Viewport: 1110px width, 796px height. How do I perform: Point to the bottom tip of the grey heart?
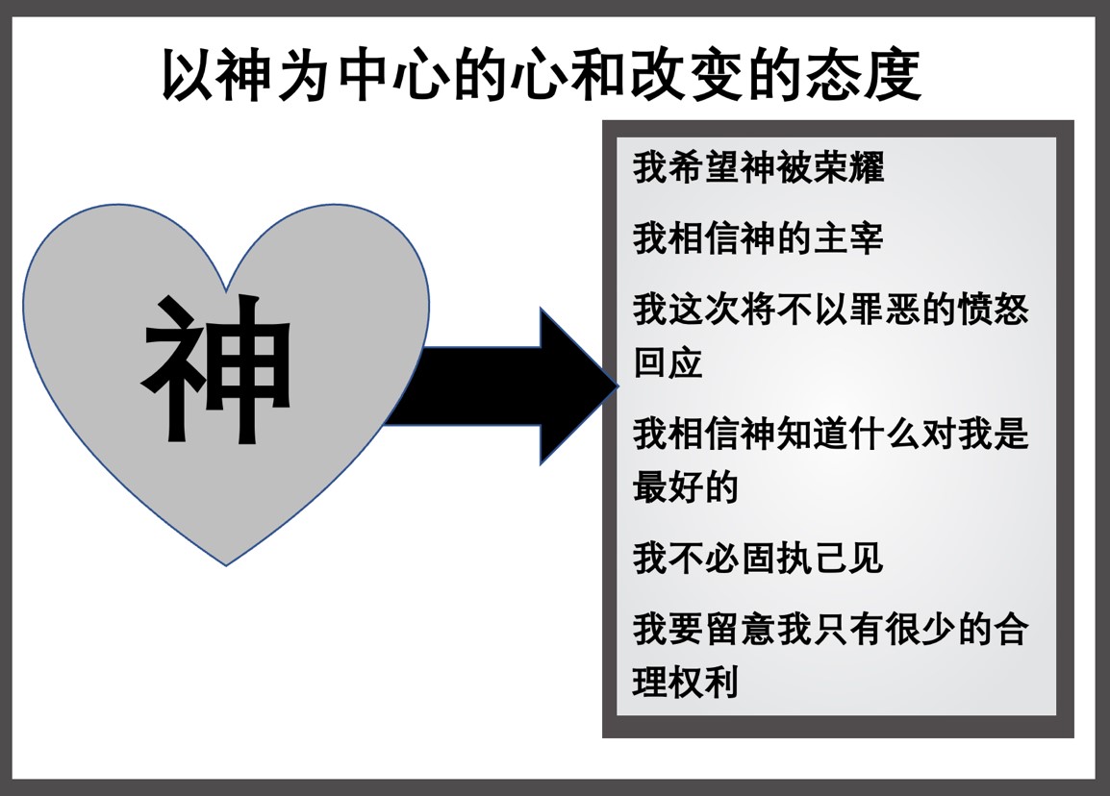(226, 563)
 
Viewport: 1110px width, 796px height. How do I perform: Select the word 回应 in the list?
(669, 363)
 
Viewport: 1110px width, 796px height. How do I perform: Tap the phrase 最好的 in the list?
(686, 487)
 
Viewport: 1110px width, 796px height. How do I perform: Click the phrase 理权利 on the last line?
(686, 683)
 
